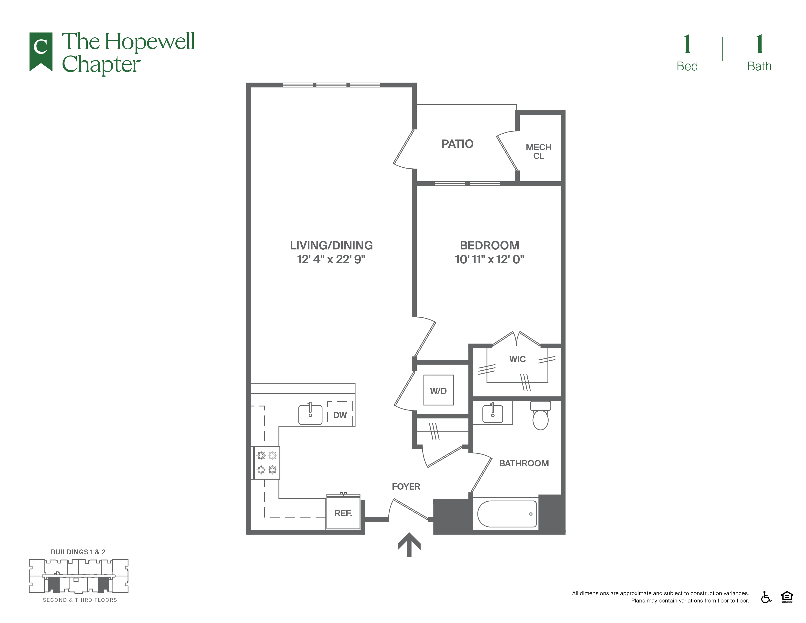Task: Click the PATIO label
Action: click(x=457, y=144)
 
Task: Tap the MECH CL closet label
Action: click(x=539, y=152)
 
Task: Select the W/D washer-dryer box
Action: click(x=438, y=390)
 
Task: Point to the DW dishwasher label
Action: click(x=340, y=415)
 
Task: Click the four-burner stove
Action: click(x=266, y=463)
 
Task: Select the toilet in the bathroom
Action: click(x=541, y=415)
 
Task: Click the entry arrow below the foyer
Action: click(x=409, y=544)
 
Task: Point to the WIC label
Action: click(x=517, y=359)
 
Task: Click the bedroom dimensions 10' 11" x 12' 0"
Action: click(x=489, y=259)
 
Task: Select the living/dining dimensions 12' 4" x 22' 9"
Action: click(x=331, y=259)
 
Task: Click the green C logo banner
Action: click(x=41, y=51)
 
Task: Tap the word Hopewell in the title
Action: click(x=149, y=42)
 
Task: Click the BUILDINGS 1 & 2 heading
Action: click(x=78, y=552)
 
